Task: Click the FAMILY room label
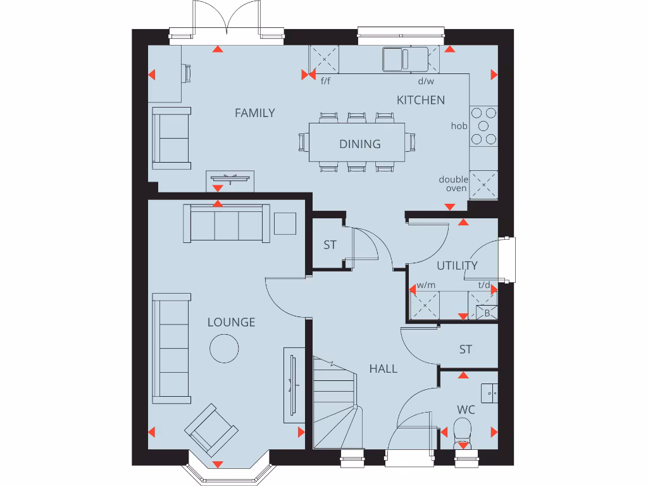254,113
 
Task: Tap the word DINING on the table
359,144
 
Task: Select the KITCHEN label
421,100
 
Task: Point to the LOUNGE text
232,322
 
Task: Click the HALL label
383,368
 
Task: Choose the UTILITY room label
457,265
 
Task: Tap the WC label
466,410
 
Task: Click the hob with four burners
483,126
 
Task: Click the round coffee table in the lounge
224,348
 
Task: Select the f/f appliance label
326,81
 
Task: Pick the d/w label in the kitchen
426,81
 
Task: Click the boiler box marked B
487,313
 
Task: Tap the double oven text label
454,184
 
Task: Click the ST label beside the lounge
330,245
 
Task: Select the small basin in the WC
489,392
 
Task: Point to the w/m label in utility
427,285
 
